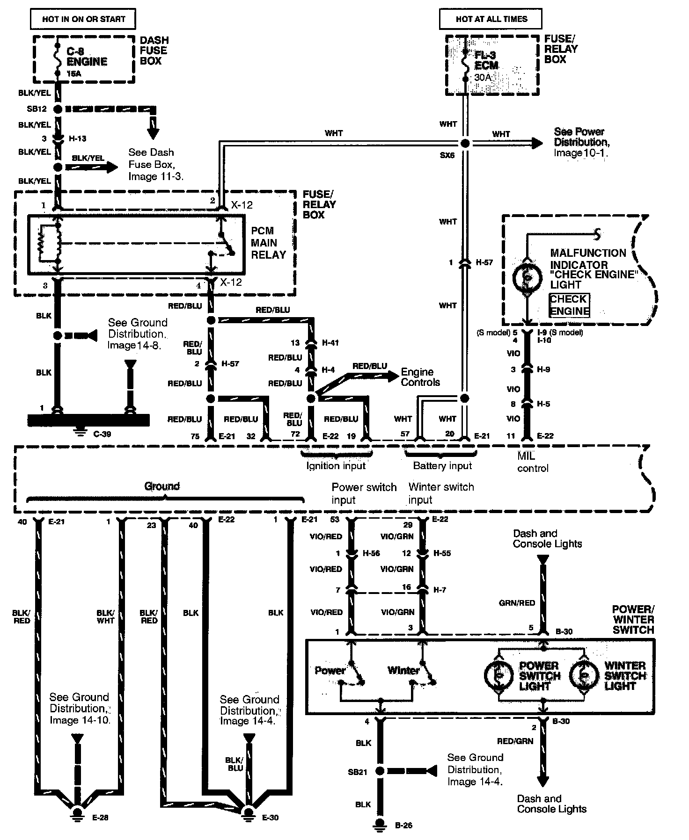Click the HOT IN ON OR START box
click(x=83, y=19)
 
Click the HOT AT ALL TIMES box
click(x=491, y=19)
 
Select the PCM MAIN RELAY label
click(x=268, y=243)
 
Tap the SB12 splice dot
click(x=58, y=109)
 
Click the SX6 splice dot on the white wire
click(x=464, y=143)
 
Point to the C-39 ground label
click(x=102, y=434)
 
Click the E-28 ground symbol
click(x=77, y=813)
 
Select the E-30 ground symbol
click(x=248, y=813)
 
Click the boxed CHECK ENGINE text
click(x=569, y=305)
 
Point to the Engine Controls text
click(x=420, y=377)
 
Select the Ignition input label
click(x=336, y=466)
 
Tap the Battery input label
click(x=442, y=466)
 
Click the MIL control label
click(x=532, y=462)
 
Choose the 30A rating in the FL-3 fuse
click(x=482, y=78)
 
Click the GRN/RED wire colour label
click(x=517, y=603)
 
